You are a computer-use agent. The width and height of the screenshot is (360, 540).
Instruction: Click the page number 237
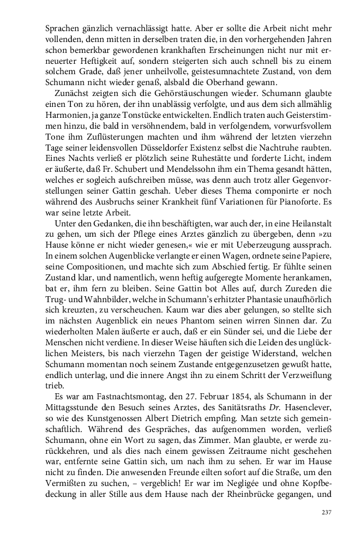click(x=326, y=512)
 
